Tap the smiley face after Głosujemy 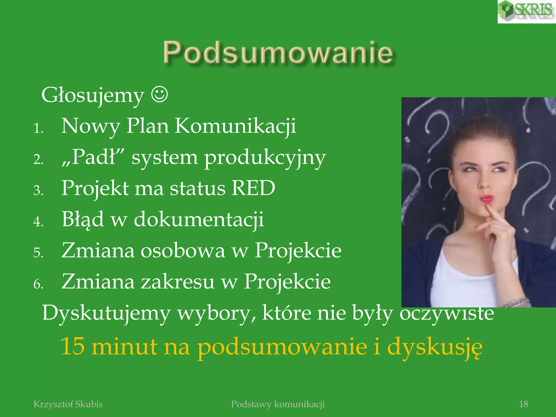tap(159, 94)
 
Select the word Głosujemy tap(93, 96)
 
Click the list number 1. tap(38, 128)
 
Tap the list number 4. tap(38, 222)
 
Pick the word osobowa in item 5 tap(183, 251)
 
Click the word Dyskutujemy tap(106, 313)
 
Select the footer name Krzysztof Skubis tap(68, 404)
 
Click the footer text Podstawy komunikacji tap(278, 404)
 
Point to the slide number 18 tap(523, 404)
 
